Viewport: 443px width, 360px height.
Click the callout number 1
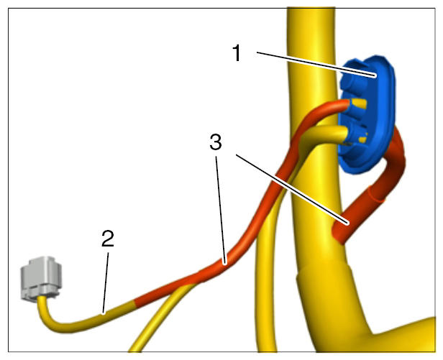pos(237,53)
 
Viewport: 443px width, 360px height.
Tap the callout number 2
pos(108,239)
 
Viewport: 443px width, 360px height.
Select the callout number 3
pos(216,142)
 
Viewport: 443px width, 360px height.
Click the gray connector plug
pos(41,277)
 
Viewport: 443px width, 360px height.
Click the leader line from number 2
pos(106,283)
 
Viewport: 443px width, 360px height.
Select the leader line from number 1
pos(316,64)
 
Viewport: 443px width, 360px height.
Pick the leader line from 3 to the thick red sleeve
pos(292,189)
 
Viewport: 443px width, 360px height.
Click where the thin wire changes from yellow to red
pos(135,303)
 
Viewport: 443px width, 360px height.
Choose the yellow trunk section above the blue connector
pos(311,34)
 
